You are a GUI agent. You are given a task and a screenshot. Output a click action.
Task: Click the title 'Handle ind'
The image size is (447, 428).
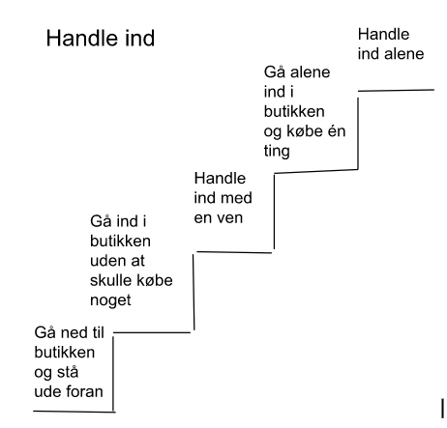(x=101, y=39)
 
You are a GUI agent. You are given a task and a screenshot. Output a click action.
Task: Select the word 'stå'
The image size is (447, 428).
(x=68, y=373)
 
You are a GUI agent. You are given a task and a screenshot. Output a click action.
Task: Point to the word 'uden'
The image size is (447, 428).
(x=107, y=261)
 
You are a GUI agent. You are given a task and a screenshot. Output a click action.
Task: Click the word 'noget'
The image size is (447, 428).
(x=110, y=301)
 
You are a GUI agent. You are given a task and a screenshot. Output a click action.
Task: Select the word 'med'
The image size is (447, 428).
(x=237, y=198)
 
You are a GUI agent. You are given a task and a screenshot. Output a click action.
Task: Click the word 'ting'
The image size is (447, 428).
(x=277, y=151)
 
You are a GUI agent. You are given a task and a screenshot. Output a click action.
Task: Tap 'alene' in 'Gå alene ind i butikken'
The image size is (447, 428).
(x=310, y=72)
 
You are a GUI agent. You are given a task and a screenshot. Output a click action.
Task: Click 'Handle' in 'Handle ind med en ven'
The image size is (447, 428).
(x=220, y=178)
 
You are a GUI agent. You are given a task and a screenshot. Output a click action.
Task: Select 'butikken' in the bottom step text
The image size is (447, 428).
(x=65, y=353)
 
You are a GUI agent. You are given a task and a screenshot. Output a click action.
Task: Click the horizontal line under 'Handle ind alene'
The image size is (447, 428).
(x=396, y=91)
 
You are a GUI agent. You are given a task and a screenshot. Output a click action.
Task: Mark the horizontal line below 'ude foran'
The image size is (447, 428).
(x=74, y=412)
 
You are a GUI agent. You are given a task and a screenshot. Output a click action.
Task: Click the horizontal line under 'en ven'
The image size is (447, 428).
(x=234, y=252)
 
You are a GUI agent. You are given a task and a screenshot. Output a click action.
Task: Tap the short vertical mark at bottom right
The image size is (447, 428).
(x=442, y=409)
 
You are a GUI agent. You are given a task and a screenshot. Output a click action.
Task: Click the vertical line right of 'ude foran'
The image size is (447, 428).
(x=113, y=374)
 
